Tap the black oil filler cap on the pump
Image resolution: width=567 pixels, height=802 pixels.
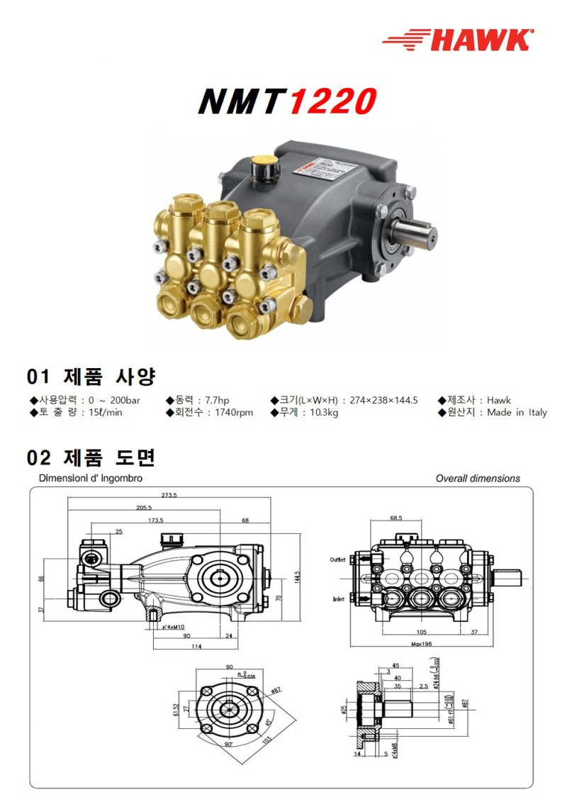[x=263, y=169]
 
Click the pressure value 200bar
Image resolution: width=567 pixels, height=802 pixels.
[x=125, y=400]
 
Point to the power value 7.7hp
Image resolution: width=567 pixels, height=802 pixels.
[x=213, y=400]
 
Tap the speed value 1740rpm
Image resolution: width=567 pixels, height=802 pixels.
[x=234, y=413]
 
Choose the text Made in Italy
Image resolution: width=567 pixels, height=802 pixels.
[x=517, y=413]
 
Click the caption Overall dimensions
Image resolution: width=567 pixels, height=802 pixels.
[x=477, y=479]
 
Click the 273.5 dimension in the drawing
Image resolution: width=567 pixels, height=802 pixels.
[x=169, y=495]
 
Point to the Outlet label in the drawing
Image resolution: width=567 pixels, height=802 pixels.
[x=338, y=559]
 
